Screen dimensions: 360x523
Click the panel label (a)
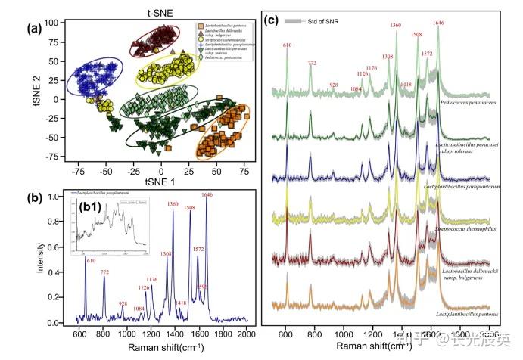(32, 30)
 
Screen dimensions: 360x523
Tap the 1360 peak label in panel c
(395, 26)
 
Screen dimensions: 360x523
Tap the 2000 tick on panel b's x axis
(247, 333)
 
